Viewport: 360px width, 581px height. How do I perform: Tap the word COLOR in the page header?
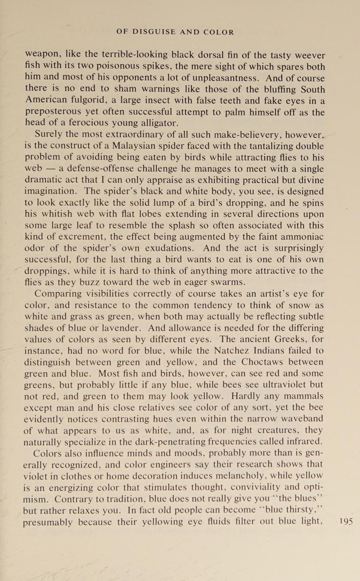[218, 32]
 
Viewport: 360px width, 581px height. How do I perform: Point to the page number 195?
[346, 521]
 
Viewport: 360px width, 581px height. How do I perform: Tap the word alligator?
[157, 123]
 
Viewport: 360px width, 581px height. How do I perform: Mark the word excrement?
[81, 237]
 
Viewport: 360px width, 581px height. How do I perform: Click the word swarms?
[228, 283]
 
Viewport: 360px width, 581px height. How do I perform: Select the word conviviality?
[252, 487]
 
